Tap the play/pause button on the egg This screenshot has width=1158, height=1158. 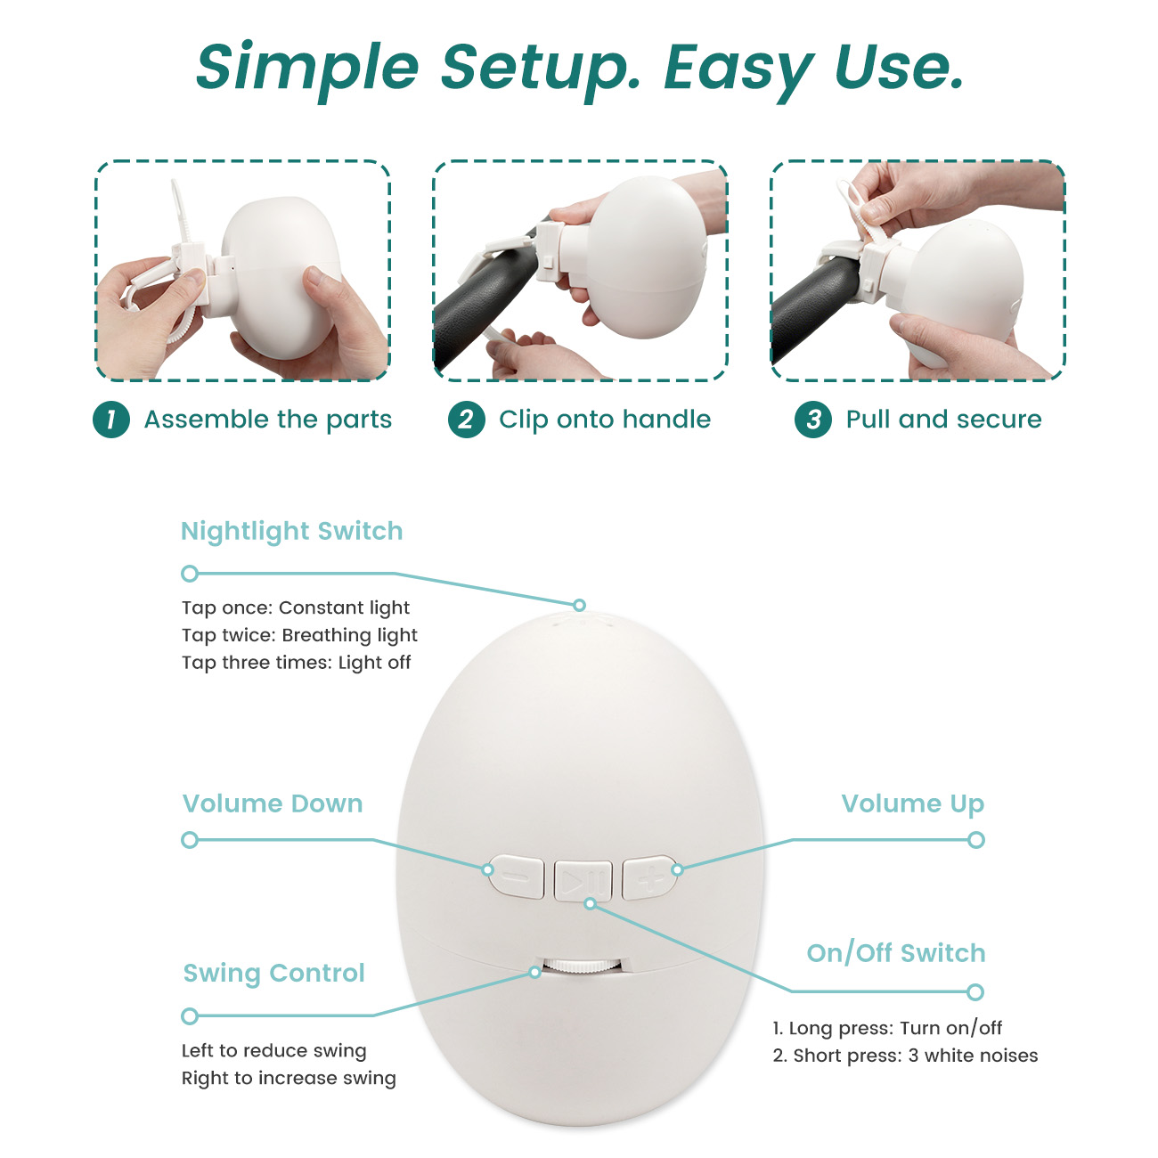pos(583,881)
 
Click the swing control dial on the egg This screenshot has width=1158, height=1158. pos(582,966)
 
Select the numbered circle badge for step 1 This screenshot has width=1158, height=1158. pos(111,420)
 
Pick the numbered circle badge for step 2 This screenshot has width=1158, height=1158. pos(467,420)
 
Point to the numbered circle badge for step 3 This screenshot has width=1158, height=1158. pos(813,420)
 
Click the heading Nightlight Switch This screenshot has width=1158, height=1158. pos(292,531)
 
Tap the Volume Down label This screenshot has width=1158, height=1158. pos(273,803)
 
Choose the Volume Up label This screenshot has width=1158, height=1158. pos(913,804)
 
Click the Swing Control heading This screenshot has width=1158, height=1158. pos(274,973)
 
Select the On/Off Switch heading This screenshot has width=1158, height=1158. pos(896,953)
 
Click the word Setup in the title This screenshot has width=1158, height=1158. pos(540,69)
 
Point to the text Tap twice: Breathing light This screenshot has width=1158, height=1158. pos(300,635)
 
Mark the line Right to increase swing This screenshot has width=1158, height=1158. pos(289,1078)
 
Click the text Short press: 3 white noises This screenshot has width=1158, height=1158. pos(915,1056)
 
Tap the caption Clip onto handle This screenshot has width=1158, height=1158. pos(605,420)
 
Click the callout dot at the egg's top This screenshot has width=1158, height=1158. pos(579,605)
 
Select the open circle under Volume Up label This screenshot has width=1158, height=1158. pos(976,840)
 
